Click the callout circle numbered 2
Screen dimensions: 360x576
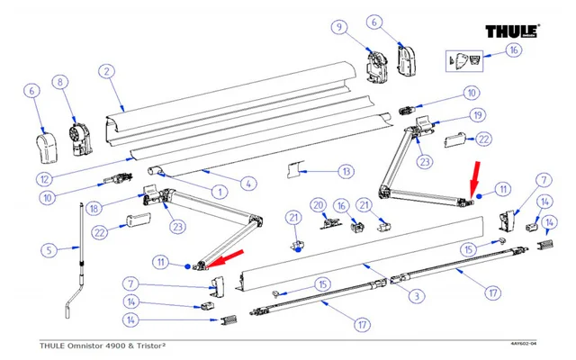coord(106,71)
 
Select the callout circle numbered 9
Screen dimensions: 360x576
coord(339,28)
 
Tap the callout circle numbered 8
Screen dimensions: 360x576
coord(61,84)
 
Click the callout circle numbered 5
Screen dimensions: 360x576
coord(50,249)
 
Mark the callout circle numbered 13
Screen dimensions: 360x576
coord(321,170)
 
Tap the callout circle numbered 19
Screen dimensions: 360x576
coord(477,115)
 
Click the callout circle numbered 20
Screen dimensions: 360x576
coord(317,206)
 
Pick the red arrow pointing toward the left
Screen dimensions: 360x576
coord(229,257)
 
